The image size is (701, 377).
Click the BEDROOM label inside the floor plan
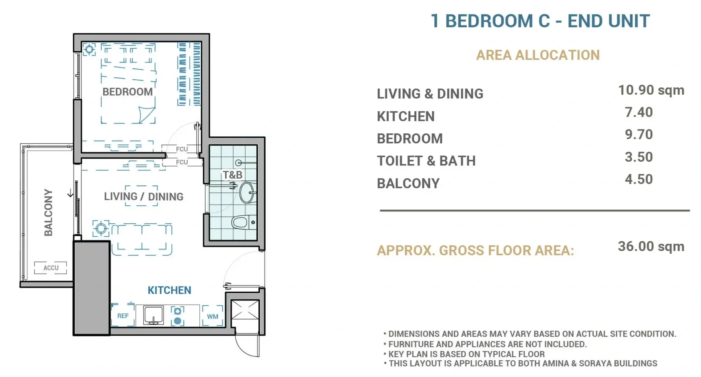pyautogui.click(x=128, y=92)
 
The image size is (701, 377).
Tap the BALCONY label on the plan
pyautogui.click(x=48, y=212)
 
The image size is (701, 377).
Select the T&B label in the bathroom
pyautogui.click(x=233, y=175)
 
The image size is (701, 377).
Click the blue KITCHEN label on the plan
pyautogui.click(x=169, y=290)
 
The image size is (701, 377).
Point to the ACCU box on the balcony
pyautogui.click(x=51, y=268)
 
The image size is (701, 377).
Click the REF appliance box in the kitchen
pyautogui.click(x=123, y=315)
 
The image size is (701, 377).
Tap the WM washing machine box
pyautogui.click(x=212, y=316)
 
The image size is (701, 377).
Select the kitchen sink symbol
pyautogui.click(x=153, y=315)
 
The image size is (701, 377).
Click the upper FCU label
pyautogui.click(x=182, y=149)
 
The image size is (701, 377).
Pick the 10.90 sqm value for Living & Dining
pyautogui.click(x=651, y=90)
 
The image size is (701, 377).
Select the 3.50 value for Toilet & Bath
pyautogui.click(x=639, y=157)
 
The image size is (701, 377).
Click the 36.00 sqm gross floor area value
pyautogui.click(x=651, y=246)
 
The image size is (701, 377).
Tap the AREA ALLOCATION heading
pyautogui.click(x=538, y=55)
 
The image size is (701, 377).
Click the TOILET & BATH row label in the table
pyautogui.click(x=426, y=161)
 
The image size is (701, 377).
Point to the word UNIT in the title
pyautogui.click(x=629, y=21)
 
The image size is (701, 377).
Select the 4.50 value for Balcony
pyautogui.click(x=639, y=179)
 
